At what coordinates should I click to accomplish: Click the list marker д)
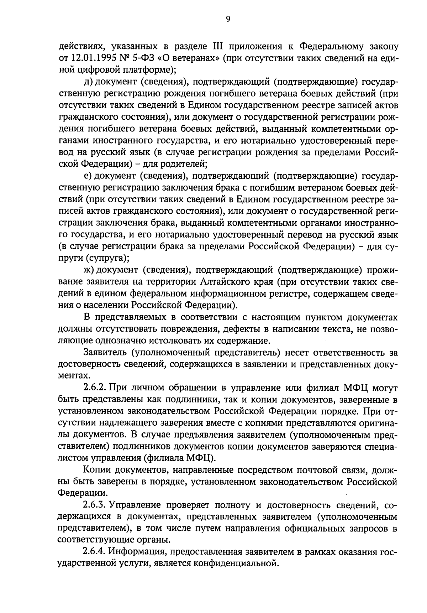point(88,82)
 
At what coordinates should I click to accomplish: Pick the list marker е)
point(88,176)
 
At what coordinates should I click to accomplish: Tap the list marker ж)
point(89,270)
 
